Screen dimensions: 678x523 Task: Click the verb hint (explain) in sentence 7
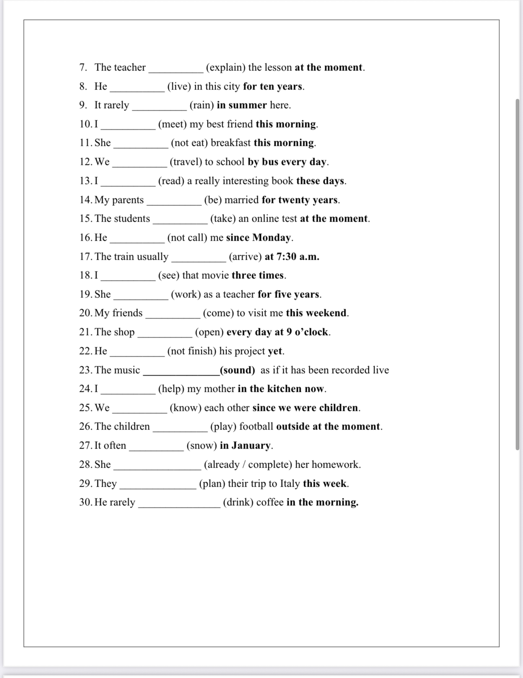click(225, 67)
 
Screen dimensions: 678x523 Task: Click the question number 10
click(86, 124)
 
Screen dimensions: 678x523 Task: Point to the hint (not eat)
click(189, 143)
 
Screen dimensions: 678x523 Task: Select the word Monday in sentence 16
click(271, 237)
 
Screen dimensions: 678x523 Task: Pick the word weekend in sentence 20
click(326, 313)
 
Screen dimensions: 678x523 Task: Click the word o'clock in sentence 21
click(311, 332)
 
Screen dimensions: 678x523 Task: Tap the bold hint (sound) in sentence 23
click(238, 370)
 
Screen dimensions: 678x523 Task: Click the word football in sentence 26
click(256, 427)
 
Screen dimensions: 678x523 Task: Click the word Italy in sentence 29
click(290, 483)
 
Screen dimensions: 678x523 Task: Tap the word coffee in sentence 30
click(270, 503)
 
